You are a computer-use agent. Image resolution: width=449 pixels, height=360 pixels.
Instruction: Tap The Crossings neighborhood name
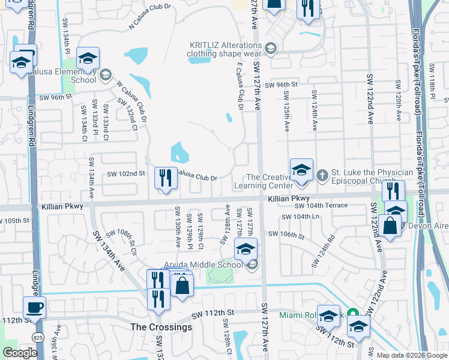pos(161,327)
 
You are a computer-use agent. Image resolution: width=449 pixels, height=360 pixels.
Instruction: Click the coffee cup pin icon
pos(34,308)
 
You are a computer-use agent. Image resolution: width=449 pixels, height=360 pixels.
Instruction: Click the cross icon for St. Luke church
pos(322,175)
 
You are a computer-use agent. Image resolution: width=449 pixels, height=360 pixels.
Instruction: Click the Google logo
pos(19,353)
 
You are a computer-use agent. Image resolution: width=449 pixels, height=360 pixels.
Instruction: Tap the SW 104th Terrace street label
pos(321,205)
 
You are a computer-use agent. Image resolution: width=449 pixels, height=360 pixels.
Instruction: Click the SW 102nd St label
pos(126,173)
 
